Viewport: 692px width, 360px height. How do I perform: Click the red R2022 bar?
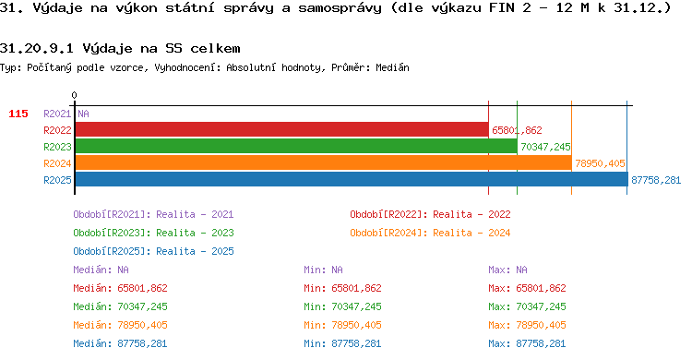282,130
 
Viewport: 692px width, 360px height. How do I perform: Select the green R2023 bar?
296,146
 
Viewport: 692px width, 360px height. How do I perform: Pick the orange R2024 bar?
324,163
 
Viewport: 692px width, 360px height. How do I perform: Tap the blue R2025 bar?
352,179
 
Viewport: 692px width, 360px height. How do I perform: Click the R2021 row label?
57,114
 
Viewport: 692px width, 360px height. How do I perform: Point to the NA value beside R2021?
83,114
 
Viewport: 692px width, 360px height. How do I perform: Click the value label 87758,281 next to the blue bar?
656,180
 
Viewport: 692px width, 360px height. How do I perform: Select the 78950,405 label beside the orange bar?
600,163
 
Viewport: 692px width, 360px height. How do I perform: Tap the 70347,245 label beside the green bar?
545,147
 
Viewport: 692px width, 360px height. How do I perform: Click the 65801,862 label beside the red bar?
517,130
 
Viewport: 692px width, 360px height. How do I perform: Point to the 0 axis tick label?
74,95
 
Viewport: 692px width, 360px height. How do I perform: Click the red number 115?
18,114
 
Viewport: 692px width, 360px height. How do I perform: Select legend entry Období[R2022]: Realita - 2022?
430,215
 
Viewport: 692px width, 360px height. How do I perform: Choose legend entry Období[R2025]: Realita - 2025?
153,251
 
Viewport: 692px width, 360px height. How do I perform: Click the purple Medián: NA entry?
101,270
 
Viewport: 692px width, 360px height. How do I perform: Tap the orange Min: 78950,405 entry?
342,325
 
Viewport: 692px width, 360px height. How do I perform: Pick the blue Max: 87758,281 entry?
527,343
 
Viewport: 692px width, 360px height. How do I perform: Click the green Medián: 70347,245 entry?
121,306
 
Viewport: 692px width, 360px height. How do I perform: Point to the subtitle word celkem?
215,48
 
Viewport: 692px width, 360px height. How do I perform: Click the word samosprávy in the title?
340,8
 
